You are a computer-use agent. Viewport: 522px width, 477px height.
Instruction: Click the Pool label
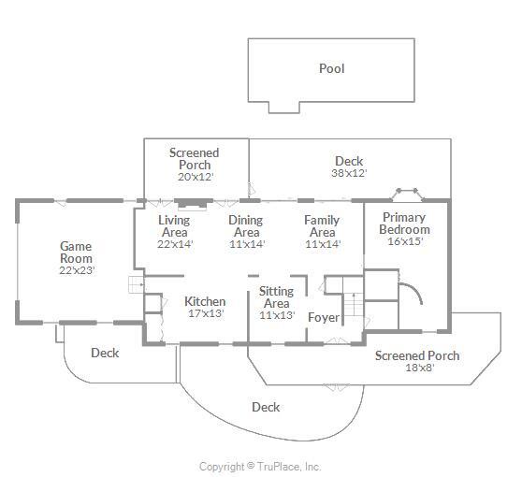pyautogui.click(x=331, y=68)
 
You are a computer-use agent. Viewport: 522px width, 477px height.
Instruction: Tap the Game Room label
pyautogui.click(x=76, y=253)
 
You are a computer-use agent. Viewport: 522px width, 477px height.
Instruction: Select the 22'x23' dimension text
pyautogui.click(x=78, y=270)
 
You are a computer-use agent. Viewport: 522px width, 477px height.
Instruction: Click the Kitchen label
pyautogui.click(x=205, y=301)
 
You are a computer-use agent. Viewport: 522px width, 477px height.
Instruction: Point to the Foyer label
pyautogui.click(x=324, y=318)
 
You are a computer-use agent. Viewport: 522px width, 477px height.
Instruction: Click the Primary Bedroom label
pyautogui.click(x=404, y=224)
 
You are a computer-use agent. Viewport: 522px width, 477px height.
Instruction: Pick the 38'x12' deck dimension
pyautogui.click(x=349, y=173)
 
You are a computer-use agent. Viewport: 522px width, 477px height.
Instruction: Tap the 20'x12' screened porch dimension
pyautogui.click(x=196, y=177)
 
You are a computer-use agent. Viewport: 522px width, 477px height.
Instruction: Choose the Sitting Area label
pyautogui.click(x=276, y=297)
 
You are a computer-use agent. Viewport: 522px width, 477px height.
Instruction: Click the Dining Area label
pyautogui.click(x=246, y=226)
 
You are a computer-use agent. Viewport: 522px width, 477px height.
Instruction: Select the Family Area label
pyautogui.click(x=322, y=226)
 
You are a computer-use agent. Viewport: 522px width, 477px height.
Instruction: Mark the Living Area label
pyautogui.click(x=174, y=226)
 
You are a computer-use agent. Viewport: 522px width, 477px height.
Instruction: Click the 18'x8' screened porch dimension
pyautogui.click(x=420, y=368)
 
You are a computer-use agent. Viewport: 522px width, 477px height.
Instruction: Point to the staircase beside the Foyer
pyautogui.click(x=354, y=305)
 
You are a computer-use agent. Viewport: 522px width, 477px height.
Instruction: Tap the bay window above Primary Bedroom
pyautogui.click(x=407, y=195)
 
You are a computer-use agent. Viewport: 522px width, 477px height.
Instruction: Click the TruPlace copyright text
pyautogui.click(x=260, y=467)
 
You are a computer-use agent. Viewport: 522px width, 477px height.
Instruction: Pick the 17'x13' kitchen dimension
pyautogui.click(x=206, y=313)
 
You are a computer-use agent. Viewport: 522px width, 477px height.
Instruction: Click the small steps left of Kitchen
pyautogui.click(x=137, y=284)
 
